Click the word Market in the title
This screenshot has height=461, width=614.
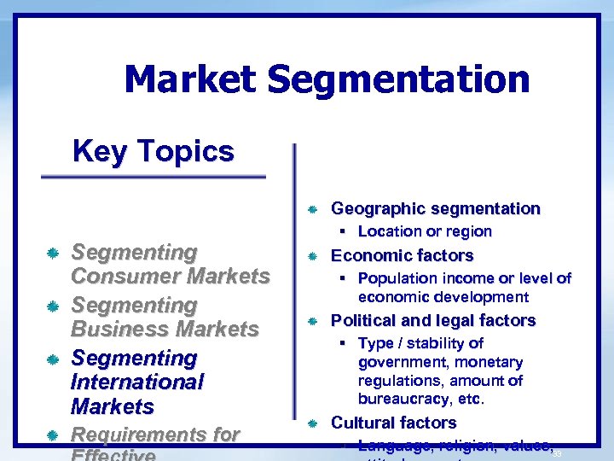[189, 80]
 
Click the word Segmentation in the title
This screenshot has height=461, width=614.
[398, 80]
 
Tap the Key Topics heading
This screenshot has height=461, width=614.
[153, 151]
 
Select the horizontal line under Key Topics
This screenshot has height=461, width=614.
[153, 177]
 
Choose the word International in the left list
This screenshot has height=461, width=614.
[137, 382]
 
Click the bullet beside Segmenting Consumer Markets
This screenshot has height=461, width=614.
[53, 254]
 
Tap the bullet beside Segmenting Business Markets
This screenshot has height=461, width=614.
[53, 306]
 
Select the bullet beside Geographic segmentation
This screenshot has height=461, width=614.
[312, 209]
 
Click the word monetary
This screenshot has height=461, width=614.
[484, 362]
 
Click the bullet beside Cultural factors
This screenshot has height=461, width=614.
[312, 423]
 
